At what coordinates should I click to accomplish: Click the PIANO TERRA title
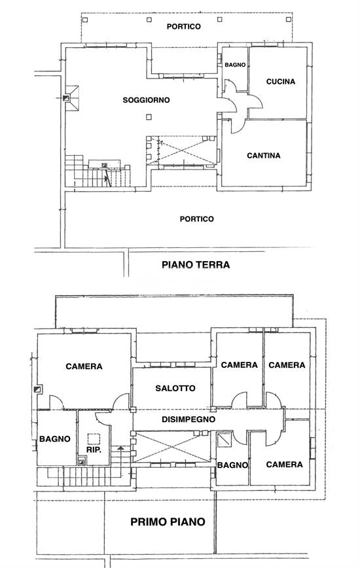(195, 265)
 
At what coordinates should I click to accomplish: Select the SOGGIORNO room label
(147, 100)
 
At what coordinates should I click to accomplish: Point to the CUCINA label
(281, 82)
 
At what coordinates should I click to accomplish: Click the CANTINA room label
(264, 156)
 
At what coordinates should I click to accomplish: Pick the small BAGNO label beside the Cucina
(234, 65)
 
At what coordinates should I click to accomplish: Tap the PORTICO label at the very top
(183, 27)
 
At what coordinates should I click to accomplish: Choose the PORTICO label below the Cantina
(196, 219)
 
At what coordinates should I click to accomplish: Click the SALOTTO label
(175, 388)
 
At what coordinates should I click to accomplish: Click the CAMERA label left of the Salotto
(84, 366)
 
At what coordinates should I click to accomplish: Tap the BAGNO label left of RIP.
(55, 438)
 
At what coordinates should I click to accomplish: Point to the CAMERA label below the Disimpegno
(284, 464)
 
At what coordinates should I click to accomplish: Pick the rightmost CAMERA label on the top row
(287, 364)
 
